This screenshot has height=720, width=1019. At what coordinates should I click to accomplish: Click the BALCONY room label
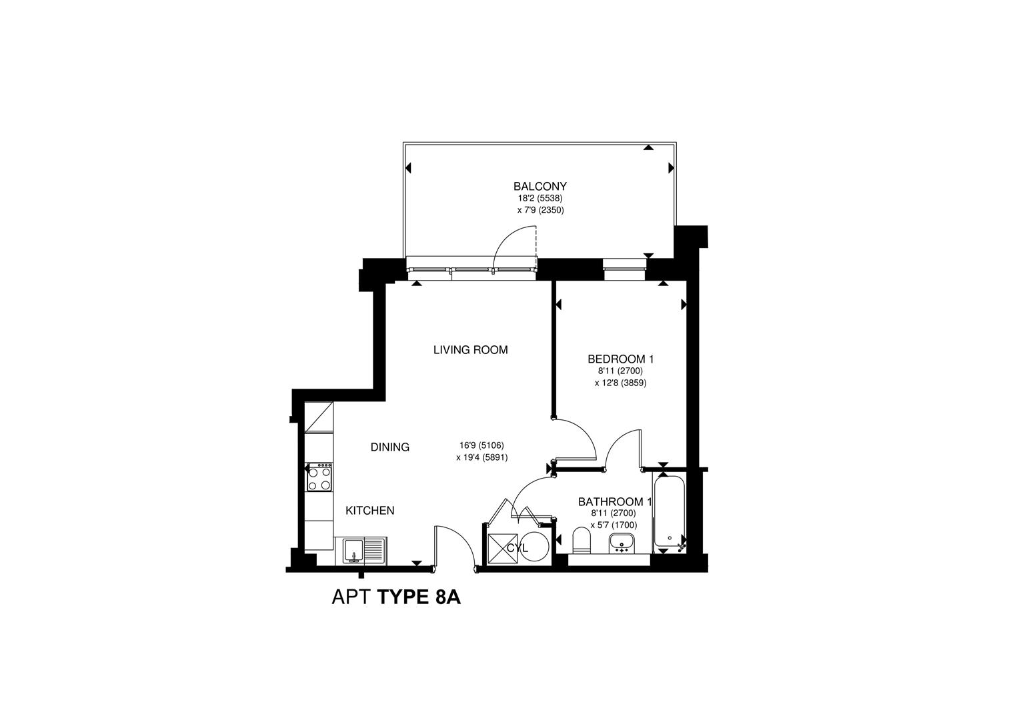point(540,187)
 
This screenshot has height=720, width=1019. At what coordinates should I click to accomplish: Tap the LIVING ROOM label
point(470,350)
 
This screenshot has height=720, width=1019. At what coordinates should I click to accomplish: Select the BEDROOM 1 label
point(620,359)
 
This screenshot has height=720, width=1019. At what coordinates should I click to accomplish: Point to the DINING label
point(389,447)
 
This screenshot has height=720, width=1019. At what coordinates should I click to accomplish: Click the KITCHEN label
point(369,511)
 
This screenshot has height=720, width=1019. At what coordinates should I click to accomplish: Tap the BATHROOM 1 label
point(614,502)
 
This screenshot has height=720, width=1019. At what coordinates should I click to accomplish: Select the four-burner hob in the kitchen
point(320,477)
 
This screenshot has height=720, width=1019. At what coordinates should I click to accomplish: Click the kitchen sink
point(364,551)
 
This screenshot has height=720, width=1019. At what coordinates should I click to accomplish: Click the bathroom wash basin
point(623,544)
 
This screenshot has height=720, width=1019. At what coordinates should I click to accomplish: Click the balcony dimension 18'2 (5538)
point(540,199)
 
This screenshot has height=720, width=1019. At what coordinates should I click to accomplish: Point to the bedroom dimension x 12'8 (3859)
point(620,383)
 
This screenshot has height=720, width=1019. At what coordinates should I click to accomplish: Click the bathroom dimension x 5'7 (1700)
point(614,525)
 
